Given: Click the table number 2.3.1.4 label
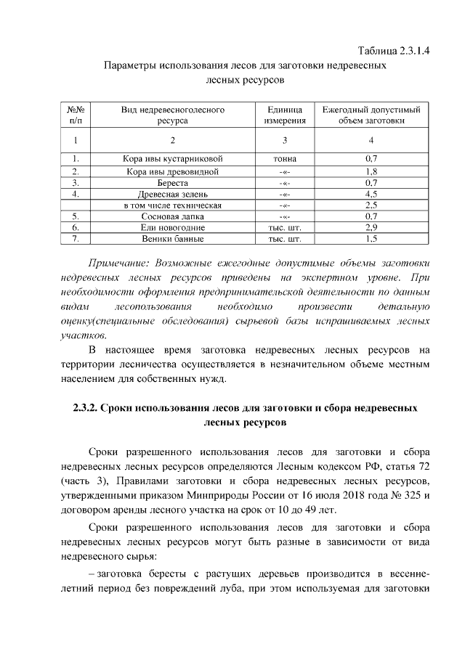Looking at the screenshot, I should [400, 51].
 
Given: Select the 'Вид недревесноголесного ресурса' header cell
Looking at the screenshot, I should [173, 115].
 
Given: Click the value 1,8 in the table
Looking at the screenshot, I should [371, 172].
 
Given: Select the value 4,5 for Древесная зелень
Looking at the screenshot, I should [371, 194].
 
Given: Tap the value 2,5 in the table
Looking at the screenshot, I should [371, 205].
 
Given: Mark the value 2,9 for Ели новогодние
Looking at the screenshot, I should [371, 227].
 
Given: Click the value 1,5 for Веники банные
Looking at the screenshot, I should [371, 238].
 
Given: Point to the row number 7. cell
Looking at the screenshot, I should [76, 238].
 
